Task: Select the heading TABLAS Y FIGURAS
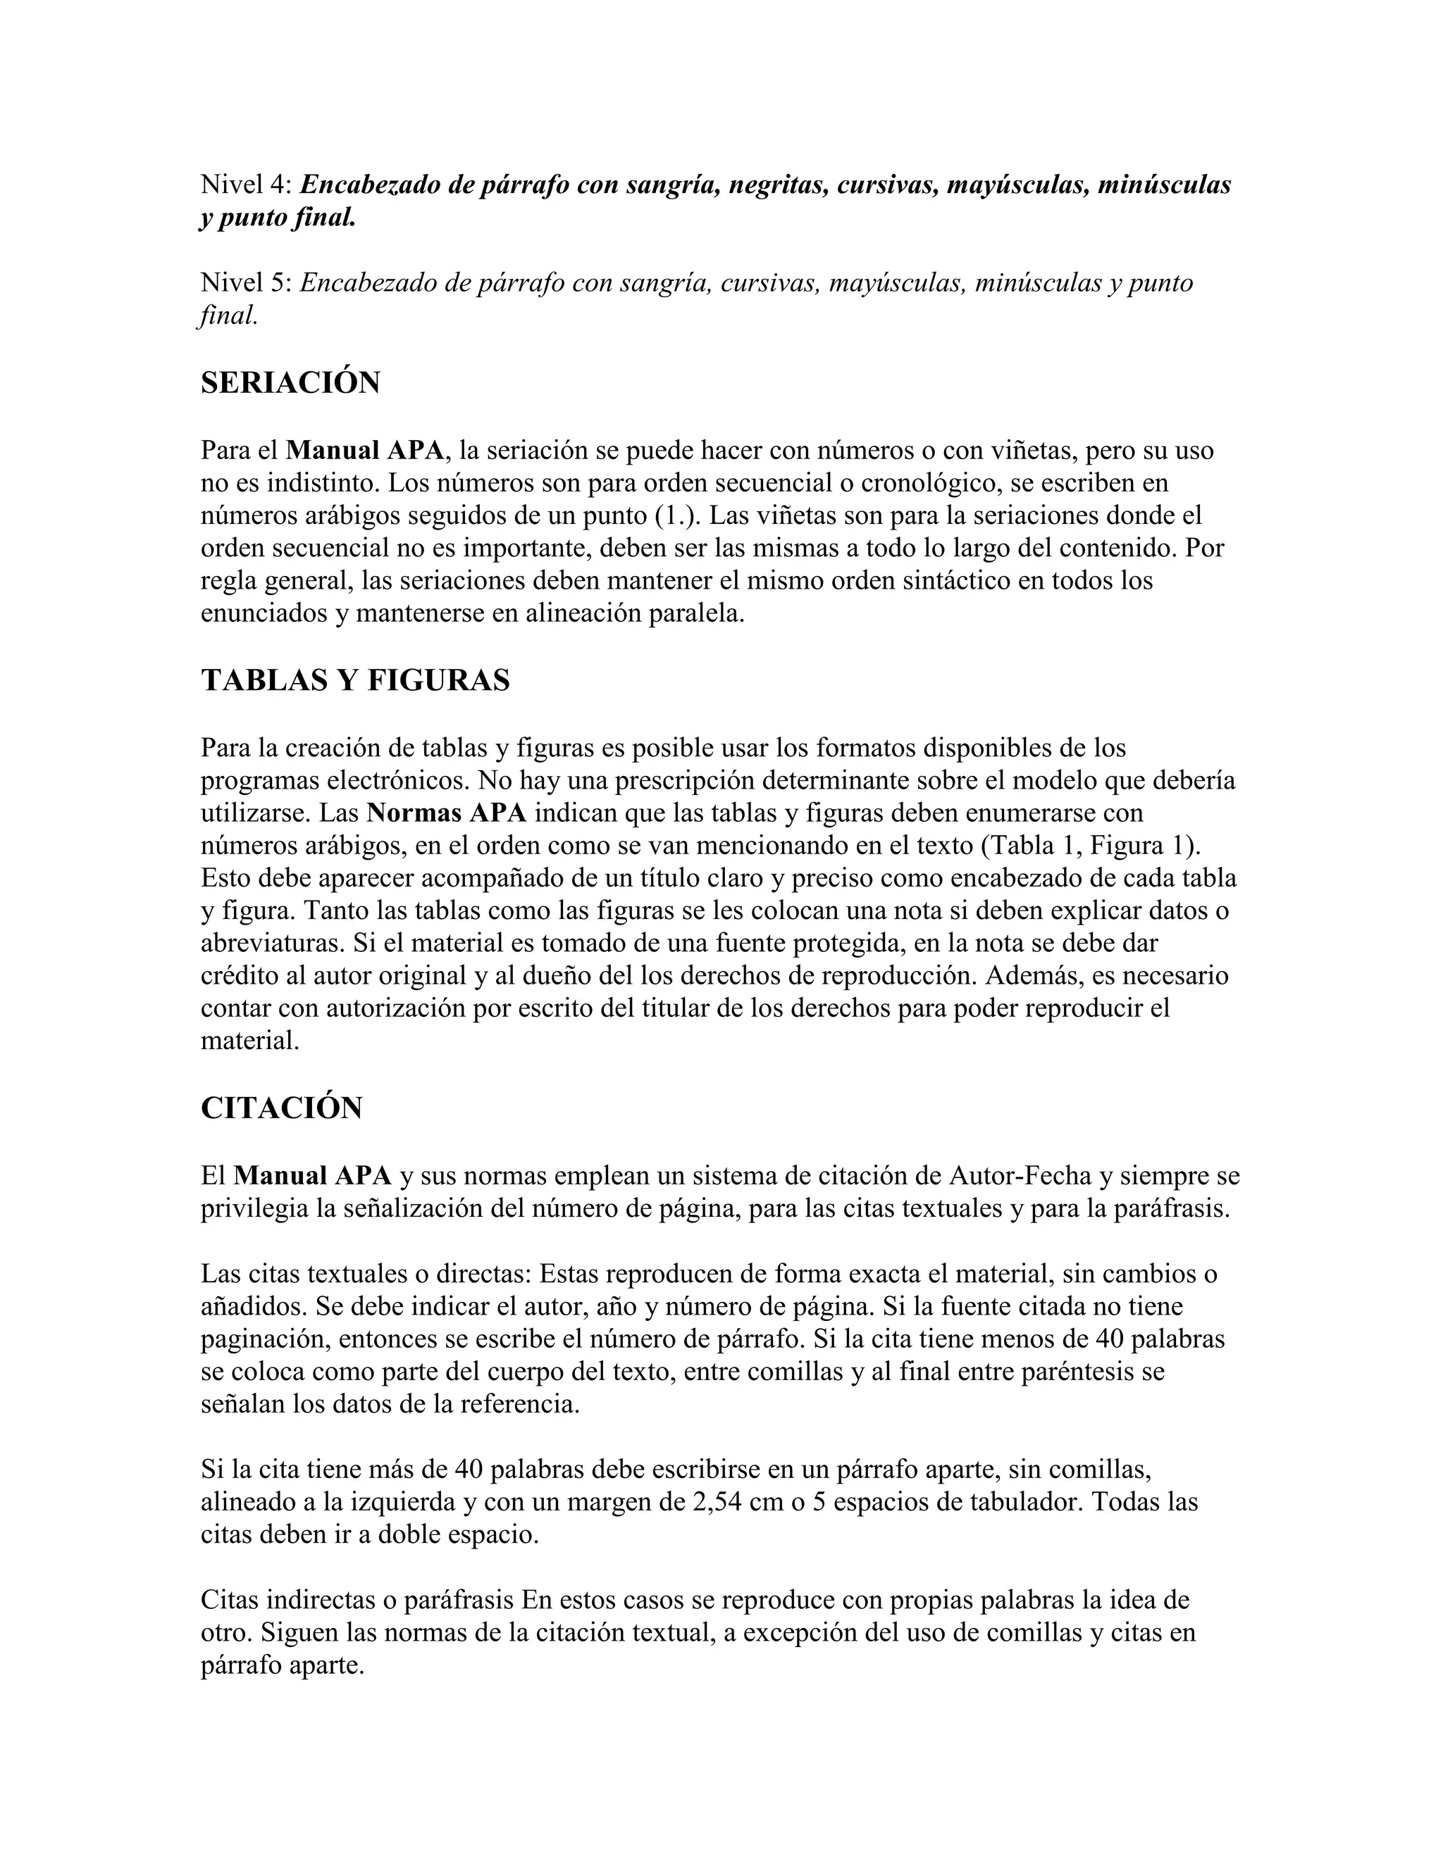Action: coord(355,680)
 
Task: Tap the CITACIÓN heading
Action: coord(281,1108)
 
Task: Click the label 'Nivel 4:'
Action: coord(246,184)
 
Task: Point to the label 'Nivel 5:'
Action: coord(246,283)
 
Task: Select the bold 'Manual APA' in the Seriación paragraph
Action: coord(365,450)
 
